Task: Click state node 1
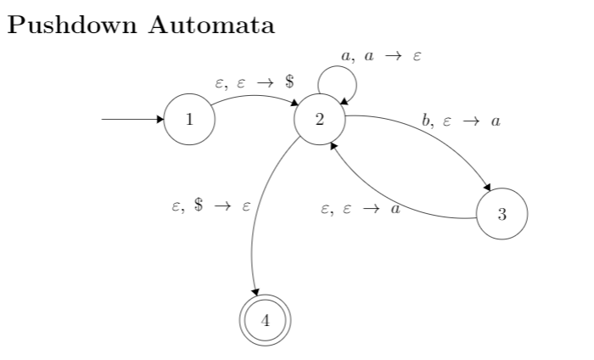188,119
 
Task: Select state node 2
319,119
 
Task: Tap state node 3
502,213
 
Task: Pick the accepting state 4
266,320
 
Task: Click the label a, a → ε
381,55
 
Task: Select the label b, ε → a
461,121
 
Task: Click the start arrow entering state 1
132,119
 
